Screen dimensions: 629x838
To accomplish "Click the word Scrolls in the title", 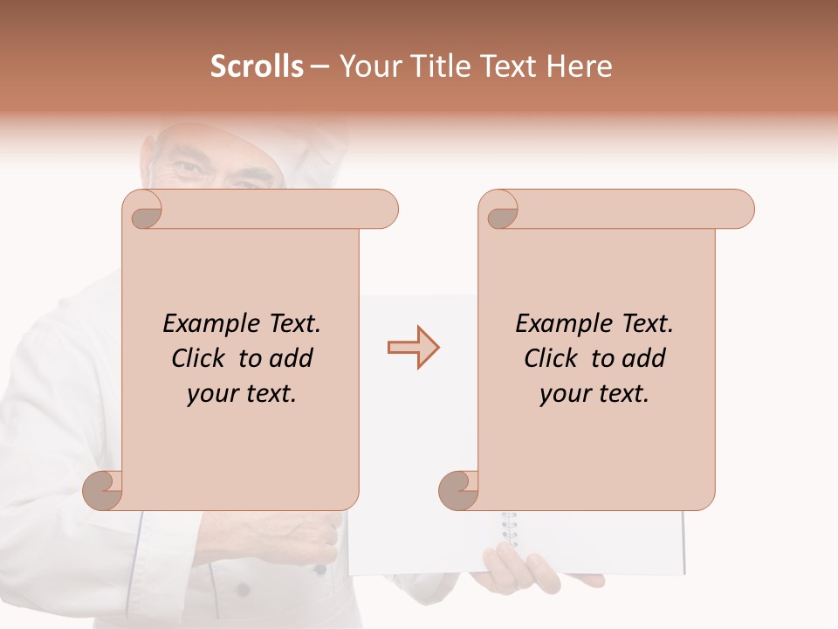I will coord(257,66).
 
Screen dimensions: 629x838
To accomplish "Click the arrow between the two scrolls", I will coord(413,348).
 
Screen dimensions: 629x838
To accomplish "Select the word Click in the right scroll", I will coord(552,358).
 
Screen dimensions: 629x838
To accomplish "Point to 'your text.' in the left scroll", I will coord(242,394).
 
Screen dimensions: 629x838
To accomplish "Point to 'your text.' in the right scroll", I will coord(594,394).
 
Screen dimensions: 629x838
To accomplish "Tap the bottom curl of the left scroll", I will coord(103,491).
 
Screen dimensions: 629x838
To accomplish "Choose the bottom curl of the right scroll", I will coord(458,491).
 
